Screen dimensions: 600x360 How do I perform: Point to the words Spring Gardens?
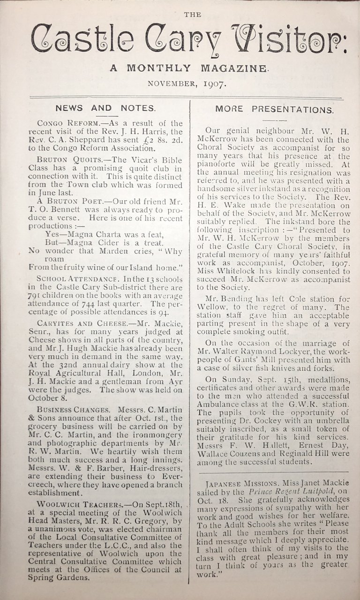[x=59, y=577]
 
